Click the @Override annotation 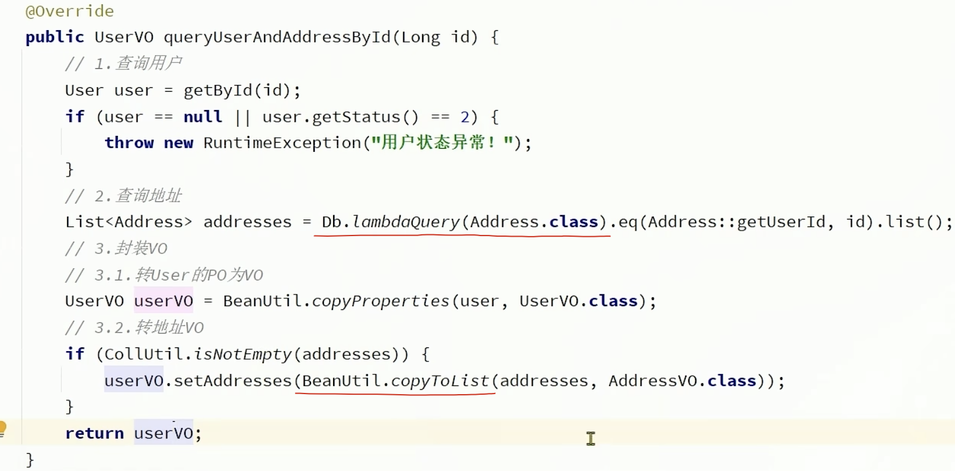point(69,11)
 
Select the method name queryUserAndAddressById point(277,38)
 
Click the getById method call point(218,90)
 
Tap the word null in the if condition point(202,117)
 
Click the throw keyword point(129,143)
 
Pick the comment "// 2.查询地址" point(123,196)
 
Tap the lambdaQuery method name point(406,222)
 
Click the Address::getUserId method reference point(736,222)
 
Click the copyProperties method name point(380,301)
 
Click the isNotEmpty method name point(243,354)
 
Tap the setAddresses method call point(232,381)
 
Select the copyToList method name point(440,381)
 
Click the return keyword point(94,433)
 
